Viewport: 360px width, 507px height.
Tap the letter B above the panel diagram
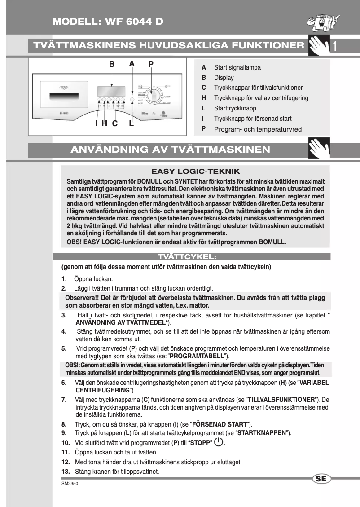pos(112,64)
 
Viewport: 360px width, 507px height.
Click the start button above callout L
pos(132,101)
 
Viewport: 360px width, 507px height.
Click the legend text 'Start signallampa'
pos(237,67)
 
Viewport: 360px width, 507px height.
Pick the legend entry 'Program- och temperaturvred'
pos(258,129)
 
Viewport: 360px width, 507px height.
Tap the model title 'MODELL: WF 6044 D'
pos(108,22)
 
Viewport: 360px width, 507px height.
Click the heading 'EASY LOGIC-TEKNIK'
pos(195,171)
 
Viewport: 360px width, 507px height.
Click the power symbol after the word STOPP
pos(219,442)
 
